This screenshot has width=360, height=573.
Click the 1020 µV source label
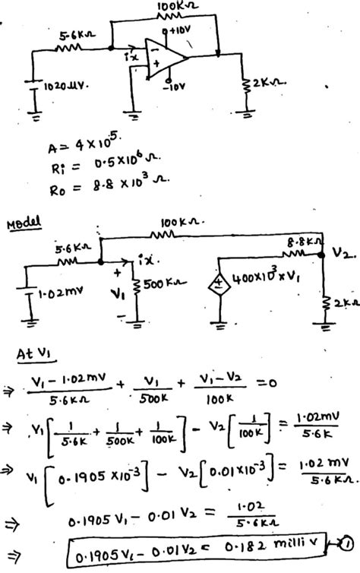pyautogui.click(x=68, y=85)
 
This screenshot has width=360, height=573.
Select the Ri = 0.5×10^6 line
pyautogui.click(x=99, y=163)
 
